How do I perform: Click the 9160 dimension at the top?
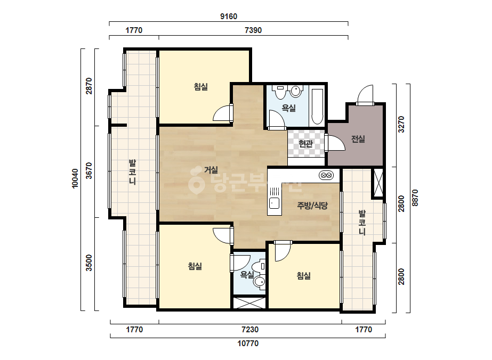tap(229, 17)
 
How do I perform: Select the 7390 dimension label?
tap(253, 30)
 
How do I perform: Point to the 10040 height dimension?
tap(75, 178)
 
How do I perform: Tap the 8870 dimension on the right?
tap(415, 198)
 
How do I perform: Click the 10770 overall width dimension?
tap(248, 343)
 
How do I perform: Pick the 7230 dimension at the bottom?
tap(250, 330)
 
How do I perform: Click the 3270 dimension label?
tap(401, 124)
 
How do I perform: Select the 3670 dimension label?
tap(89, 170)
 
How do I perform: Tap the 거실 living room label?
tap(211, 170)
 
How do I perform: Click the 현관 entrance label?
tap(305, 144)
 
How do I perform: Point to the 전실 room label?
tap(358, 138)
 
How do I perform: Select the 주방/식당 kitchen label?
tap(312, 206)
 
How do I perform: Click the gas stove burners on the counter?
tap(326, 175)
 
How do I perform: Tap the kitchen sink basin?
tap(274, 203)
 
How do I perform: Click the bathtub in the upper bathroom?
tap(317, 107)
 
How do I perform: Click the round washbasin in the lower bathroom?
tap(259, 282)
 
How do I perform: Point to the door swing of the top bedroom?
tap(222, 113)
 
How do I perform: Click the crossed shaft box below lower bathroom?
tap(249, 302)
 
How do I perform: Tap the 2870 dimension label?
tap(89, 86)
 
